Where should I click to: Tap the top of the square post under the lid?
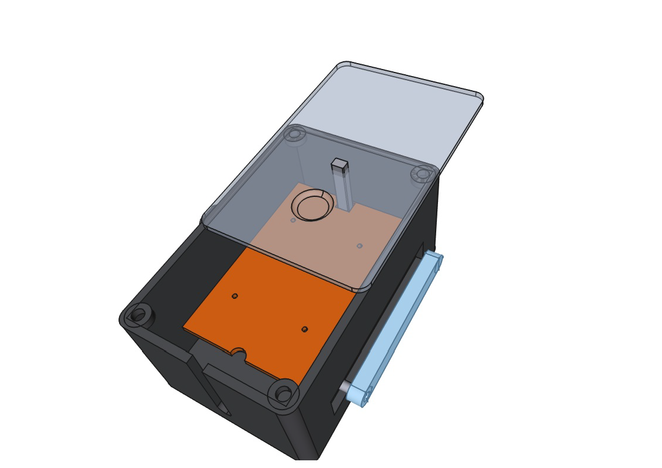pyautogui.click(x=340, y=163)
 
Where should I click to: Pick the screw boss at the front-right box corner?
pyautogui.click(x=284, y=393)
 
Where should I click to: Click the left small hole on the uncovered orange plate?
pyautogui.click(x=235, y=296)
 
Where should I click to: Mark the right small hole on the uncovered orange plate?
pyautogui.click(x=304, y=329)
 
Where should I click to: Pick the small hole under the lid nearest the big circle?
pyautogui.click(x=293, y=220)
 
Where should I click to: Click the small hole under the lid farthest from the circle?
pyautogui.click(x=360, y=246)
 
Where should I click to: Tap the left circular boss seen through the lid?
pyautogui.click(x=295, y=135)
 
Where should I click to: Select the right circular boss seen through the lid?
pyautogui.click(x=422, y=174)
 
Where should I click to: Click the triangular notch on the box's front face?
pyautogui.click(x=223, y=408)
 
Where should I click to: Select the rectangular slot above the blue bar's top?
pyautogui.click(x=420, y=250)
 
